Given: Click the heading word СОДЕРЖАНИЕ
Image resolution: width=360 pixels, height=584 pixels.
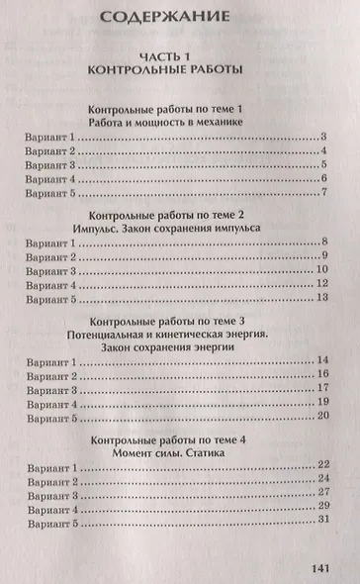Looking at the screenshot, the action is (x=178, y=17).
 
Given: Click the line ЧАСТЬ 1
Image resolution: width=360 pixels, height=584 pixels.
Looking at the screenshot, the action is (x=179, y=56).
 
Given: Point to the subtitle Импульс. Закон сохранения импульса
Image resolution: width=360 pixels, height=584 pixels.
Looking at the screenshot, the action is (x=179, y=227).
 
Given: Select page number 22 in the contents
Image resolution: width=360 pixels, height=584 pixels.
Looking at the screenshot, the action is (x=321, y=465).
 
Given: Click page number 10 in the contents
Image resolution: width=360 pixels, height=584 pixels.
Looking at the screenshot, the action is (x=321, y=269).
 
